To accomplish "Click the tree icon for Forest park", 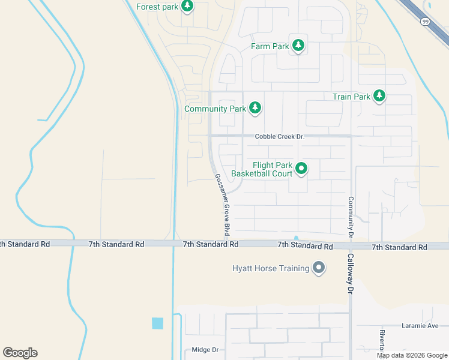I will coord(187,6).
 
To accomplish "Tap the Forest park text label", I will coord(157,7).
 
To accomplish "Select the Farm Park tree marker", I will coord(298,45).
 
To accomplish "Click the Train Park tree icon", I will coord(379,95).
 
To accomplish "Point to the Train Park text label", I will coord(351,97).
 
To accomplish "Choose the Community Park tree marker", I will coord(255,108).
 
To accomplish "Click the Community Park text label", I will coord(215,109).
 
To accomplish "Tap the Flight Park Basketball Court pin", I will coord(301,169).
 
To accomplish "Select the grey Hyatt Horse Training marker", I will coord(319,268).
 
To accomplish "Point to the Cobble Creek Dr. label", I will coord(280,137).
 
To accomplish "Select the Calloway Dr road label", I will coord(350,273).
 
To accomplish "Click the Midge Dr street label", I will coord(203,350).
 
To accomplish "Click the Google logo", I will coord(20,353).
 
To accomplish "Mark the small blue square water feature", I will coord(157,323).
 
